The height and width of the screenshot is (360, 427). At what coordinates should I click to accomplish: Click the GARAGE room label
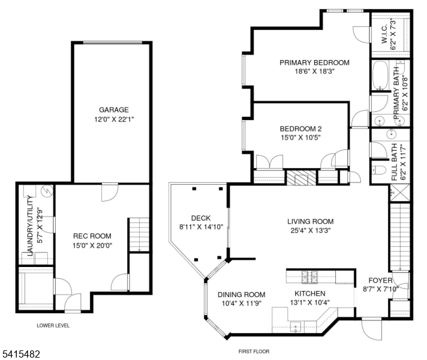point(114,110)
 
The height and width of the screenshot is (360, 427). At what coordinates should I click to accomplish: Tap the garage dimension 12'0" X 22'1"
point(114,119)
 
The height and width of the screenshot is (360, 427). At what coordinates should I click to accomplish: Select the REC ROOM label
point(92,236)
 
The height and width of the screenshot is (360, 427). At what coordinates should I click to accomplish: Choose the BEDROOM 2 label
point(300,128)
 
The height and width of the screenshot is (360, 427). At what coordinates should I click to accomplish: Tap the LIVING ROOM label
point(309,221)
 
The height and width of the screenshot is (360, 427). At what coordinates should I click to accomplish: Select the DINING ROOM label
point(241,294)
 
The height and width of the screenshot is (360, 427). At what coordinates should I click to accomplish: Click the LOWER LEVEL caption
point(53,326)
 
